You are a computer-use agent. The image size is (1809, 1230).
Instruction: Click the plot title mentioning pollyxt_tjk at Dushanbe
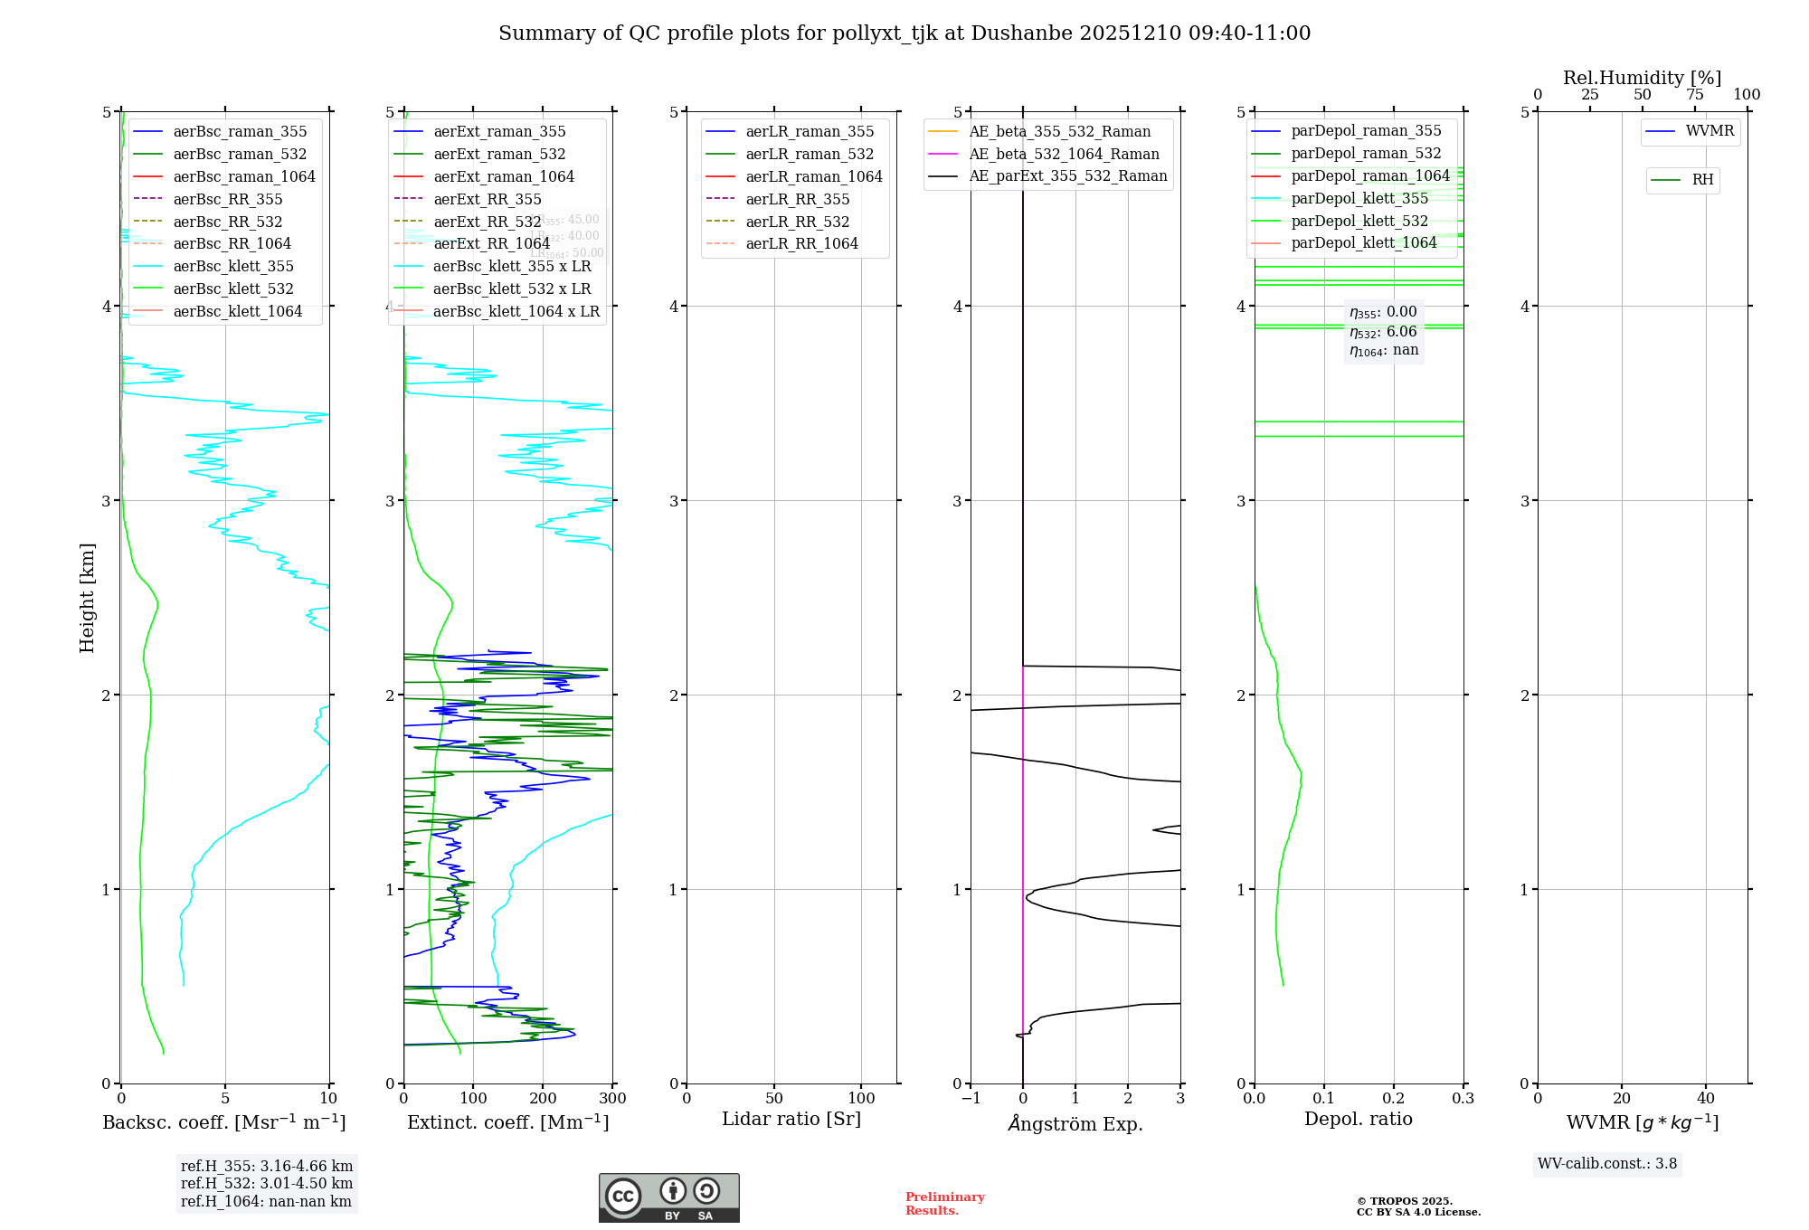click(904, 33)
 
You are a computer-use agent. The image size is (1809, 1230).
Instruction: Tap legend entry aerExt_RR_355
click(487, 199)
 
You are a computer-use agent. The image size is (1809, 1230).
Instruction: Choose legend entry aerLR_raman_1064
click(813, 176)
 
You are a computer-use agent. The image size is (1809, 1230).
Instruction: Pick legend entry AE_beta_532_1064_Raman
click(1064, 154)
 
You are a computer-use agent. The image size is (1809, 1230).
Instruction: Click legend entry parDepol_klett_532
click(1359, 221)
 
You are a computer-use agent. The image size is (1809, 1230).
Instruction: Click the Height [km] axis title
click(87, 597)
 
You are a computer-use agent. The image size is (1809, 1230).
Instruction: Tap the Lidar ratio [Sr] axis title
click(791, 1119)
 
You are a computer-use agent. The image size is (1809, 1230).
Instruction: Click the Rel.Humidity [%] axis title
click(1642, 78)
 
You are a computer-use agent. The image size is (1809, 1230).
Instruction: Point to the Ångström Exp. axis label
click(1075, 1123)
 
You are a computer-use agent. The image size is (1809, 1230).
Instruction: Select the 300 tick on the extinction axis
click(612, 1098)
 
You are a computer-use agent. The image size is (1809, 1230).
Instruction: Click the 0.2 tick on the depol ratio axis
click(1394, 1098)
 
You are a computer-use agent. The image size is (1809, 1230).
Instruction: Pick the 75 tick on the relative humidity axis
click(1694, 95)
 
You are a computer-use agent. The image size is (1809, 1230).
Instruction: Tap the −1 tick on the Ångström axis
click(971, 1098)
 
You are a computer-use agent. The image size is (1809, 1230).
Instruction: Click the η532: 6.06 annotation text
click(1383, 332)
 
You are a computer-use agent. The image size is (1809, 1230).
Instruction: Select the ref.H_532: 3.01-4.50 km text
click(267, 1183)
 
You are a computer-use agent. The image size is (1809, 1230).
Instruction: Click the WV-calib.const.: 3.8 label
click(1607, 1163)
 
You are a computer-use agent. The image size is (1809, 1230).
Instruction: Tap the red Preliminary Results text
click(944, 1203)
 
